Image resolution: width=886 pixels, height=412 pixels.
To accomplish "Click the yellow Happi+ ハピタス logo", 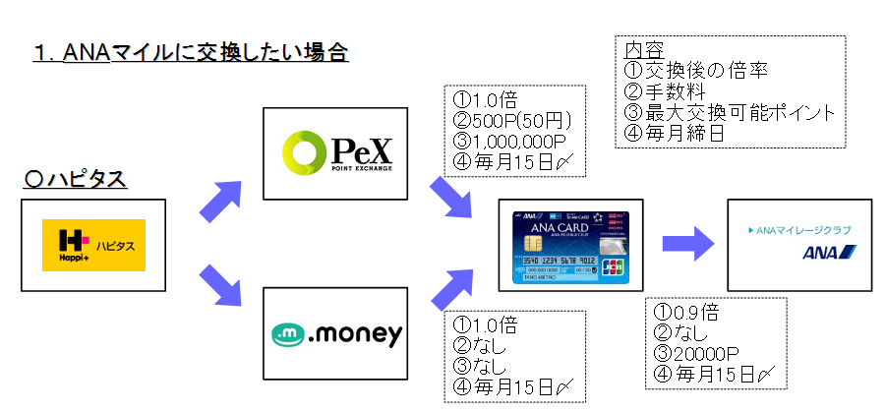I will coord(93,245).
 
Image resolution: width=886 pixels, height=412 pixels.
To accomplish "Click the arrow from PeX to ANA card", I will coord(454,197).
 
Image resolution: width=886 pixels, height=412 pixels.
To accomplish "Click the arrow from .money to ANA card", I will coord(454,287).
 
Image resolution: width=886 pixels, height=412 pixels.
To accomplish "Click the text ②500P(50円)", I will coord(512,121).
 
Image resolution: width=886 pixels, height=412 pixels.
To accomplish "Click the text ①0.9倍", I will coord(685,314).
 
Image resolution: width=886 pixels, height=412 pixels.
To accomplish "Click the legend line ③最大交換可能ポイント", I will coord(731,112).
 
